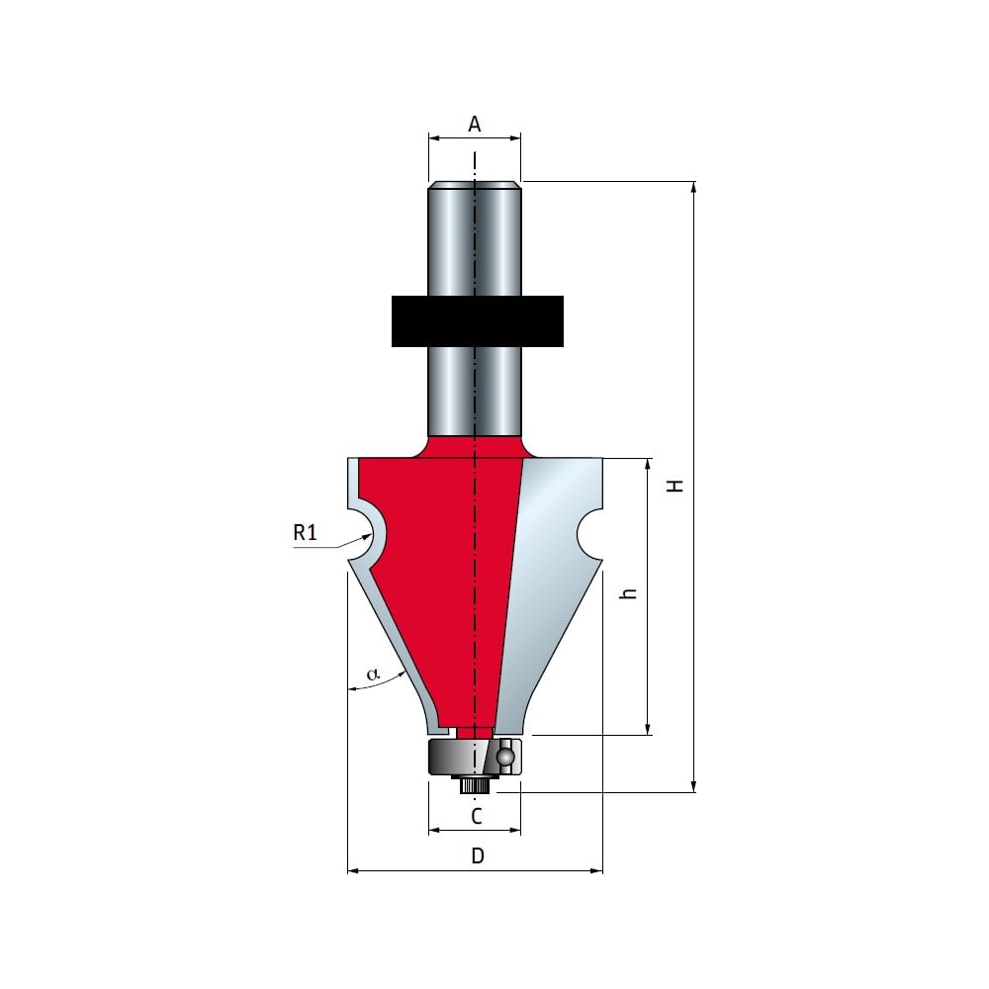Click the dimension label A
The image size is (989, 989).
[x=475, y=124]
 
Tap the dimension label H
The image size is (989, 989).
[x=676, y=485]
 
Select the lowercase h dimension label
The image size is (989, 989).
[x=629, y=592]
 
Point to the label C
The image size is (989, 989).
[x=477, y=816]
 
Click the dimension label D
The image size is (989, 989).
[x=478, y=855]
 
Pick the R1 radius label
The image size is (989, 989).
[x=305, y=533]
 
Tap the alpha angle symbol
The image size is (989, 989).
[x=374, y=674]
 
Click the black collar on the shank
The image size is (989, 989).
[x=477, y=321]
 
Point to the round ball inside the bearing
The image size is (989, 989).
[x=505, y=756]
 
